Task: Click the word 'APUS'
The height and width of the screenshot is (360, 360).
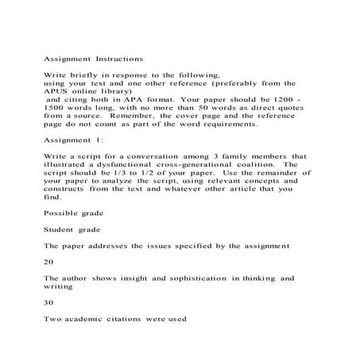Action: pyautogui.click(x=58, y=93)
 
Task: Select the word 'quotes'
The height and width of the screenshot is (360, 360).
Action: pyautogui.click(x=291, y=114)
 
